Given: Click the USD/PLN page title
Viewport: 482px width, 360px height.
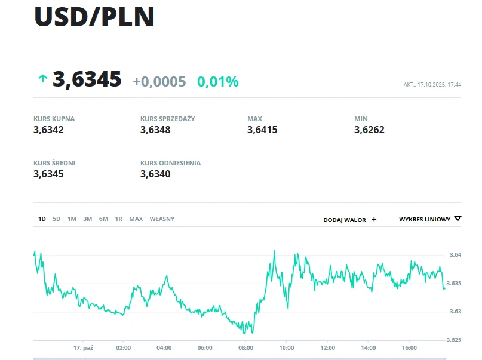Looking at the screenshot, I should click(94, 17).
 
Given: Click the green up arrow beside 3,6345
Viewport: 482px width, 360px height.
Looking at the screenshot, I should click(42, 78).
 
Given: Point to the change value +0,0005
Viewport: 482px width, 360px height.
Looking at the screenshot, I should click(159, 82).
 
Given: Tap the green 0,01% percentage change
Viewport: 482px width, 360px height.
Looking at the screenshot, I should click(218, 82).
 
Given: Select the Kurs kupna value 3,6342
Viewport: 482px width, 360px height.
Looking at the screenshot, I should click(49, 130).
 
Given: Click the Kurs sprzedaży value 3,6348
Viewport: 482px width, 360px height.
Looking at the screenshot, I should click(155, 130).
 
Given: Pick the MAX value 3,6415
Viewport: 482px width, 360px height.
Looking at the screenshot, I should click(262, 130).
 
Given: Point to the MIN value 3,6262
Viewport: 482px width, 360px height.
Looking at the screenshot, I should click(369, 130).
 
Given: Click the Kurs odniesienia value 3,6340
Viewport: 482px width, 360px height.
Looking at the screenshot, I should click(155, 174).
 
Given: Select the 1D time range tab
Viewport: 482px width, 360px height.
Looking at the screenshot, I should click(42, 219).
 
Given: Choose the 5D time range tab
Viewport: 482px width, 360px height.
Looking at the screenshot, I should click(57, 219).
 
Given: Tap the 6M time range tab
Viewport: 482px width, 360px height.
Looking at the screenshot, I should click(103, 219).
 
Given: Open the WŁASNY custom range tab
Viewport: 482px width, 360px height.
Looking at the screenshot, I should click(162, 219).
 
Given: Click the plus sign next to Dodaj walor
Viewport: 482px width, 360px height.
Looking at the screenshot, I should click(374, 220).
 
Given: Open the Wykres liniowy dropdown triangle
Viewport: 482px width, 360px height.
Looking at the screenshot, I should click(458, 219).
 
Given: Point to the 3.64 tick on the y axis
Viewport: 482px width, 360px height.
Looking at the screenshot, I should click(455, 255).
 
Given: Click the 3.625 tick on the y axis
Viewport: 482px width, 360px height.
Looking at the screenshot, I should click(455, 340).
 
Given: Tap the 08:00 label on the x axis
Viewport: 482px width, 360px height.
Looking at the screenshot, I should click(245, 347).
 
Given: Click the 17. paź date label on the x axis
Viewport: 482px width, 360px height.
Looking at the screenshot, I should click(83, 347).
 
